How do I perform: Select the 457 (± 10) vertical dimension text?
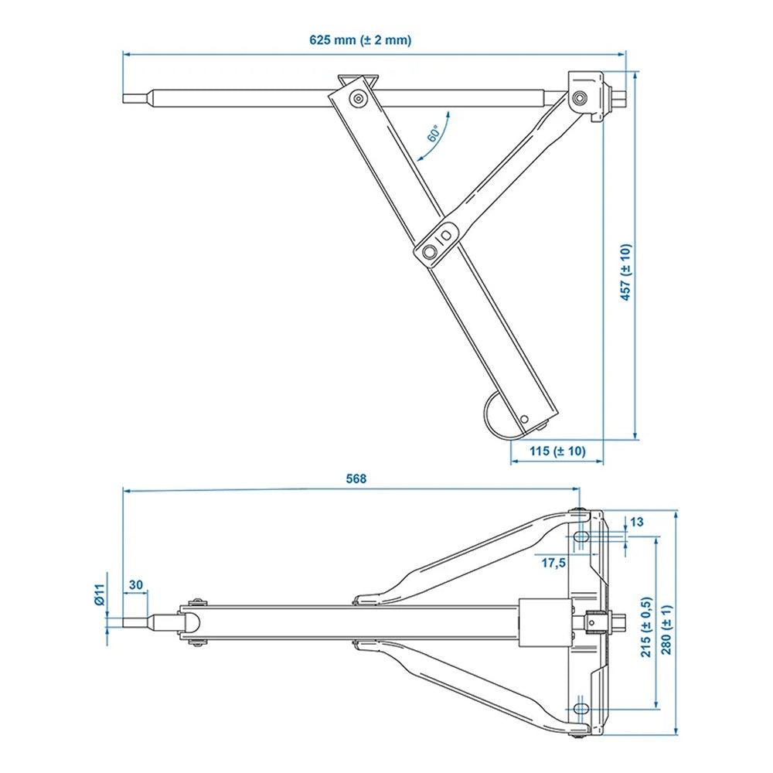[626, 272]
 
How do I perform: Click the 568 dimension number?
[356, 478]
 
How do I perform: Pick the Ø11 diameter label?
[98, 595]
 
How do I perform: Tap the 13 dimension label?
[636, 522]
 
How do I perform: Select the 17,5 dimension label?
[553, 563]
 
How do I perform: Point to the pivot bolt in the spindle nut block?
[579, 97]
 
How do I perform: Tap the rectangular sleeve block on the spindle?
[534, 624]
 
